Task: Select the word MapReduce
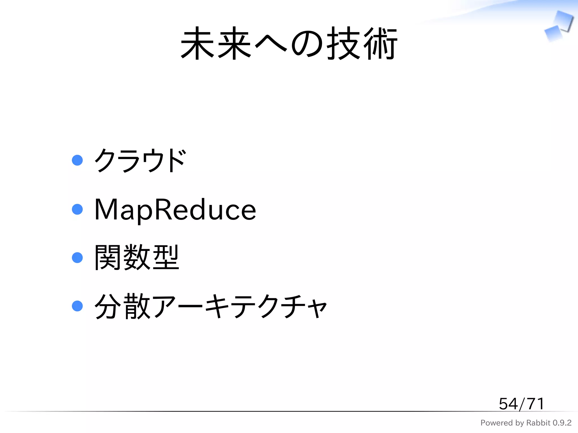pos(175,209)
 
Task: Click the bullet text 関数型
pos(137,257)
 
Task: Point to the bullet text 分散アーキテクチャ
pos(211,306)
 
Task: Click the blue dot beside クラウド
pos(77,160)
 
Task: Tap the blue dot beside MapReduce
pos(77,209)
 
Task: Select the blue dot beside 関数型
pos(77,258)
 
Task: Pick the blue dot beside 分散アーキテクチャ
pos(77,306)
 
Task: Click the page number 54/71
pos(521,404)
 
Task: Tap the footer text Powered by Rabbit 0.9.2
pos(526,423)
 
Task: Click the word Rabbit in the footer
pos(538,423)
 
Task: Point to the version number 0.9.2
pos(562,423)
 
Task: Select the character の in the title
pos(307,44)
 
